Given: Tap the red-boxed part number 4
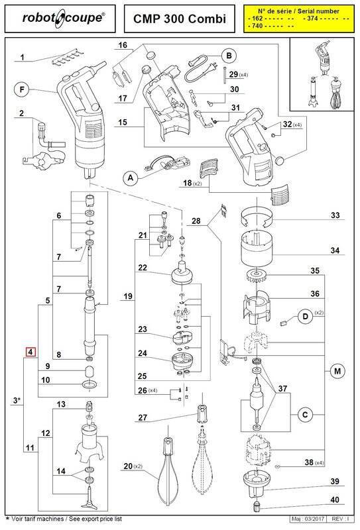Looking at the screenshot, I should [x=30, y=352].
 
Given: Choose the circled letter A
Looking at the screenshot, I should [x=130, y=177].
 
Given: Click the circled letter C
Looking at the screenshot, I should [x=305, y=414].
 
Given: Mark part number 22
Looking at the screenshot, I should [x=142, y=268].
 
